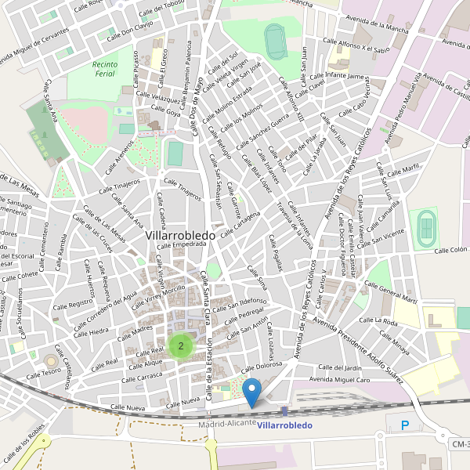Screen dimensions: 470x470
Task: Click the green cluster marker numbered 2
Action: [181, 345]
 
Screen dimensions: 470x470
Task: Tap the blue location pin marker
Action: [252, 391]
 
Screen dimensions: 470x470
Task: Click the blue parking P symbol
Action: [405, 425]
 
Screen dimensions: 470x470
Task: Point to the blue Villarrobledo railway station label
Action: [284, 425]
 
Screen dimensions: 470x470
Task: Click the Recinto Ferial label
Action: [103, 69]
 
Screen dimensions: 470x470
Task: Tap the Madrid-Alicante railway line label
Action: [227, 423]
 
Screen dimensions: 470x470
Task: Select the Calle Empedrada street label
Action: [180, 244]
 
